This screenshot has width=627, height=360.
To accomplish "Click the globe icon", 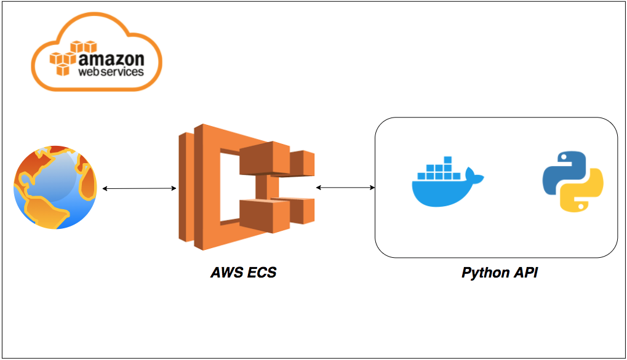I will tap(55, 188).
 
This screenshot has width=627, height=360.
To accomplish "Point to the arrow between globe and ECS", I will tap(140, 188).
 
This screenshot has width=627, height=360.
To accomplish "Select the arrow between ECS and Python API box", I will tap(345, 186).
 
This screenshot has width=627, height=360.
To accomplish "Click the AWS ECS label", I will tap(244, 273).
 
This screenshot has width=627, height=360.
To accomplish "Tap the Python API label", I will tap(500, 273).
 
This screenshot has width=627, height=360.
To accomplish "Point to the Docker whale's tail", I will tap(474, 177).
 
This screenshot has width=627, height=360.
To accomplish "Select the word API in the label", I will tap(526, 273).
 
